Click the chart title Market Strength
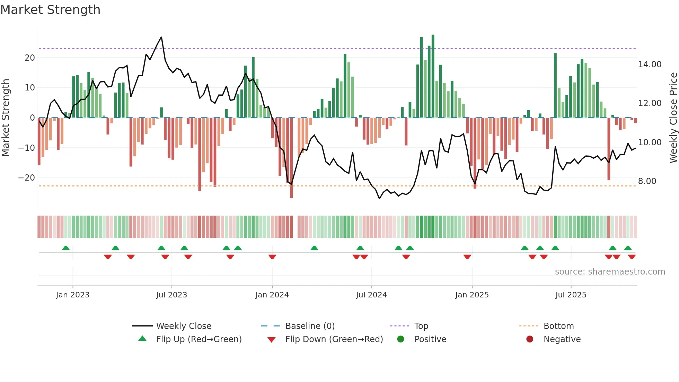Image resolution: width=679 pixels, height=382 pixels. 50,10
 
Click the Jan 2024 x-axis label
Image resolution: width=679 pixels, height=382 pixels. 272,295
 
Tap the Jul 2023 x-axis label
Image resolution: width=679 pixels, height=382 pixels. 171,295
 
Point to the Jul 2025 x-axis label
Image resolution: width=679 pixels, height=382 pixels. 571,295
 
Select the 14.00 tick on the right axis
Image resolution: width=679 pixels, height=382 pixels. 650,64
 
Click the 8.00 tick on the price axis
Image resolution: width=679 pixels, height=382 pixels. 647,181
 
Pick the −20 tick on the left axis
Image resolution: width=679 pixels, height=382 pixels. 26,178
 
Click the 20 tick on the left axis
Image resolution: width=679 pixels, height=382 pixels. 30,58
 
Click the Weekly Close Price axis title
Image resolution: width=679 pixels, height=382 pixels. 673,118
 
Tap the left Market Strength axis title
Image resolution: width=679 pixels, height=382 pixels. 6,118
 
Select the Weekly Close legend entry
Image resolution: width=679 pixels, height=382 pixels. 183,326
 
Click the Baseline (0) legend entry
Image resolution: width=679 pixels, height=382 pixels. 310,326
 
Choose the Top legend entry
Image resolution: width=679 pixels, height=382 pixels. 421,326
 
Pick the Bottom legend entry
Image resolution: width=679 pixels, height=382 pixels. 558,326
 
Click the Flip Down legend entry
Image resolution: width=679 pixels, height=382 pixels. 334,339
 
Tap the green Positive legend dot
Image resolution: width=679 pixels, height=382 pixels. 400,339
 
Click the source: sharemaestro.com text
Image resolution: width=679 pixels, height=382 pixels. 610,271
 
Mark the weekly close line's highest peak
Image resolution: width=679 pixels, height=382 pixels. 161,37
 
